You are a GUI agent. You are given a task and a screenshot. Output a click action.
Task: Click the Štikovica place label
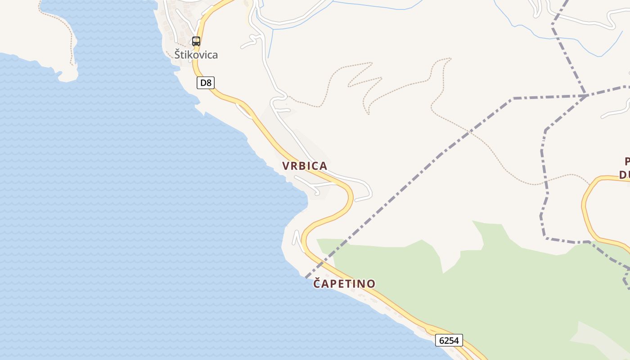pyautogui.click(x=196, y=55)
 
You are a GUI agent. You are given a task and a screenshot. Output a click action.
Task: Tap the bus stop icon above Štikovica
pyautogui.click(x=196, y=41)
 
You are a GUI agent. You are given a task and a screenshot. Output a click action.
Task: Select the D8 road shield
pyautogui.click(x=206, y=83)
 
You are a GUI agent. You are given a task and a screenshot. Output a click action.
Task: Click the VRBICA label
pyautogui.click(x=305, y=166)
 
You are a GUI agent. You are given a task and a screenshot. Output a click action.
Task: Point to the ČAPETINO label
pyautogui.click(x=344, y=283)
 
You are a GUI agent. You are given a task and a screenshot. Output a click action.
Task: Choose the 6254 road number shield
pyautogui.click(x=449, y=340)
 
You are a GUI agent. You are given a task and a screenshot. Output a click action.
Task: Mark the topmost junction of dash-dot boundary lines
pyautogui.click(x=586, y=95)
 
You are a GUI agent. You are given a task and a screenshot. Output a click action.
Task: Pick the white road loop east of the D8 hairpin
pyautogui.click(x=367, y=189)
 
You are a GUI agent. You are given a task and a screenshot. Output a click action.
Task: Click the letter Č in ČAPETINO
pyautogui.click(x=317, y=283)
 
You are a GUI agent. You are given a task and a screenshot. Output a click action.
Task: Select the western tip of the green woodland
pyautogui.click(x=318, y=240)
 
